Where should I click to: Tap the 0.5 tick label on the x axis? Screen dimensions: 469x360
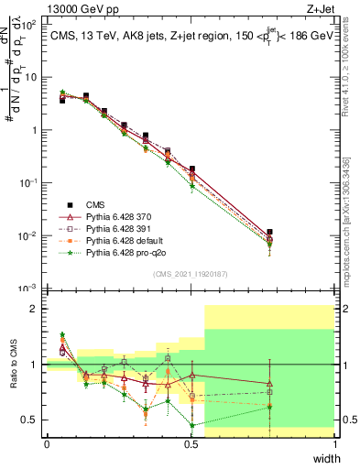coord(191,444)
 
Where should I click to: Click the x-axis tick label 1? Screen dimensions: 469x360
coord(335,444)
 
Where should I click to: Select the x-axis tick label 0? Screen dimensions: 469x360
coord(47,444)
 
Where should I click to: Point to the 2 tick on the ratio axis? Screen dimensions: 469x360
coord(37,309)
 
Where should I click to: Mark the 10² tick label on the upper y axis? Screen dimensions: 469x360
coord(32,25)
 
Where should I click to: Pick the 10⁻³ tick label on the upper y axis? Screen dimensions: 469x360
coord(32,288)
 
